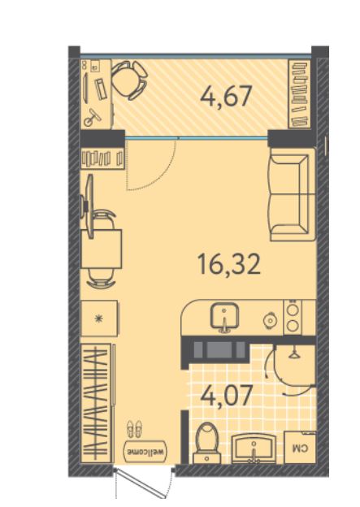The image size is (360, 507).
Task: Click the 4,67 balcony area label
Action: click(x=225, y=97)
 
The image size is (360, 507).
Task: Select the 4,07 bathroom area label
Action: click(x=226, y=396)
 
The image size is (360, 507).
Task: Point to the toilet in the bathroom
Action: click(x=207, y=443)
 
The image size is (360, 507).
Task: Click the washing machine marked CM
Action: click(x=300, y=447)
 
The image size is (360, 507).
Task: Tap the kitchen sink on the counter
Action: click(x=225, y=317)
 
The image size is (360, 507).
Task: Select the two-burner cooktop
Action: click(x=293, y=318)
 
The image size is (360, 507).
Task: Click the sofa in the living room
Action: click(x=292, y=194)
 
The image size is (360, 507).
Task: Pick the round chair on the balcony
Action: click(x=128, y=80)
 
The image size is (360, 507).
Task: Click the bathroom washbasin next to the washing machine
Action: click(x=254, y=448)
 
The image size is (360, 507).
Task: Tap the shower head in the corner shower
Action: click(x=294, y=354)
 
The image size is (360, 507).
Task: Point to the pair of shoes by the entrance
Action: click(x=134, y=429)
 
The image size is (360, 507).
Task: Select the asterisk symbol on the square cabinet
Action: click(x=98, y=318)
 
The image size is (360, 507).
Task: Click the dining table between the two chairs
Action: click(x=102, y=249)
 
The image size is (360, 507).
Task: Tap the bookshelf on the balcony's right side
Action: click(x=300, y=93)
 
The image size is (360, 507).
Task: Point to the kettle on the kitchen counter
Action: click(x=270, y=320)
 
